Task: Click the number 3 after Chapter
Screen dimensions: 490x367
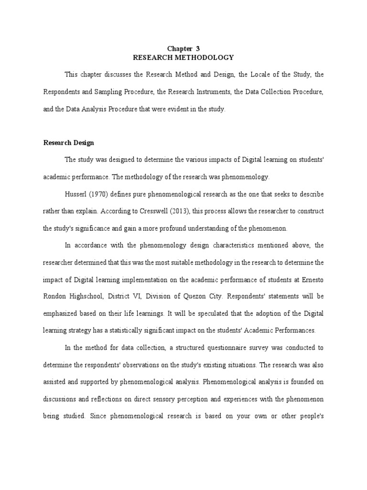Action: click(198, 49)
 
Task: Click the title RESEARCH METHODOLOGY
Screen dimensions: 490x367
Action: click(183, 57)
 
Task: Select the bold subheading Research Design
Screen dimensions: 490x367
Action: click(69, 143)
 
